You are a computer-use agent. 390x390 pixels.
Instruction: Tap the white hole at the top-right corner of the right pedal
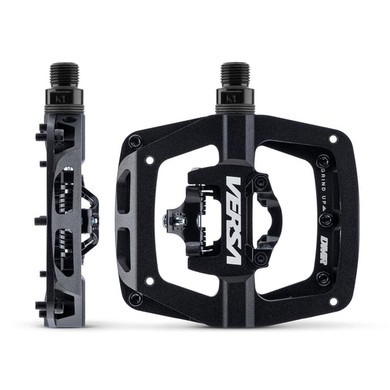pos(333,138)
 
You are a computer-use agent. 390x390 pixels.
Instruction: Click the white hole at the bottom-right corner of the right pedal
pos(334,301)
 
